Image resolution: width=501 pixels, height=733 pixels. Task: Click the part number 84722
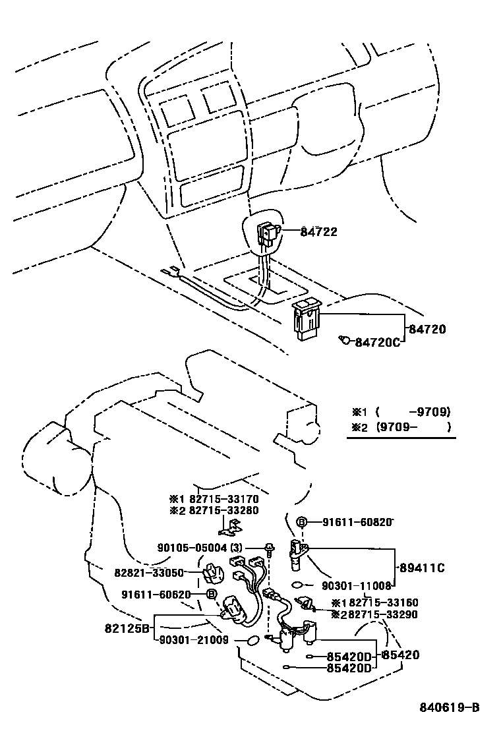pos(318,231)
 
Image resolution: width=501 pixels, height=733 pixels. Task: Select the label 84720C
pos(378,343)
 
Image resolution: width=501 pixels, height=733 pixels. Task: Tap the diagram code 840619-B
pos(450,707)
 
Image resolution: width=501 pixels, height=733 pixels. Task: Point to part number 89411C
pos(422,568)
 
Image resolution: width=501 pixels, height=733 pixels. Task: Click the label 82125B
pos(127,628)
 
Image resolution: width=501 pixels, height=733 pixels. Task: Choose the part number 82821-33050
pos(149,573)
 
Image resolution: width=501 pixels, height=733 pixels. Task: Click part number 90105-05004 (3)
pos(200,547)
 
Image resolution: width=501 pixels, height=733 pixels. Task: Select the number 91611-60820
pos(357,522)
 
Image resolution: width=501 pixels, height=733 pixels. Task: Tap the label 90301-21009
pos(194,640)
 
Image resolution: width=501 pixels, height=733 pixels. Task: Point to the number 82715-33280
pos(224,510)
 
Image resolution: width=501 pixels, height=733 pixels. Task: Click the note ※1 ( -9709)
pos(401,412)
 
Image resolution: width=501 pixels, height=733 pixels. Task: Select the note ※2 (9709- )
pos(401,426)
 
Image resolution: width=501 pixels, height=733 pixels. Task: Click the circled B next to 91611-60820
pos(301,522)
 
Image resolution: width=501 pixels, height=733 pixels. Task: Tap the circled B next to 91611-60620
pos(211,594)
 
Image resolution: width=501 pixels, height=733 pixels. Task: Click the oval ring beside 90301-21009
pos(253,640)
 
